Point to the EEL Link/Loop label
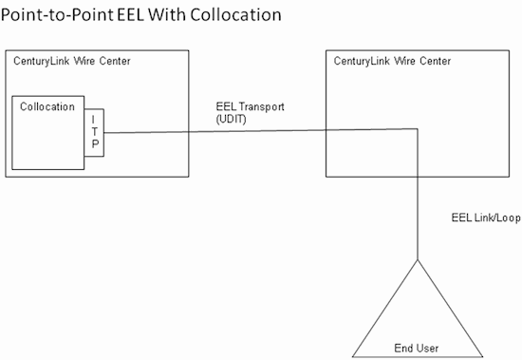485,218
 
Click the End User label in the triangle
417,348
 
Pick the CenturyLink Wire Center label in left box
72,62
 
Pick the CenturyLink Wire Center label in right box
392,62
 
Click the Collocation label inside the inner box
47,106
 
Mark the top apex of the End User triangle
417,258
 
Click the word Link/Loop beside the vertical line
495,218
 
